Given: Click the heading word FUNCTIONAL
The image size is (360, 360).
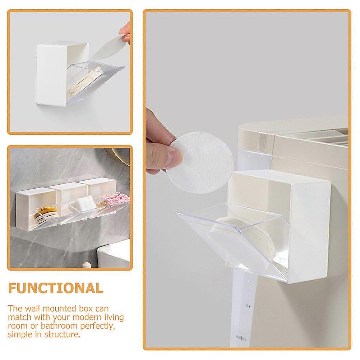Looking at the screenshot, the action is pyautogui.click(x=56, y=288).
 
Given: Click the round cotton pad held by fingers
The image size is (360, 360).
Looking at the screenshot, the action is pyautogui.click(x=200, y=162).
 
